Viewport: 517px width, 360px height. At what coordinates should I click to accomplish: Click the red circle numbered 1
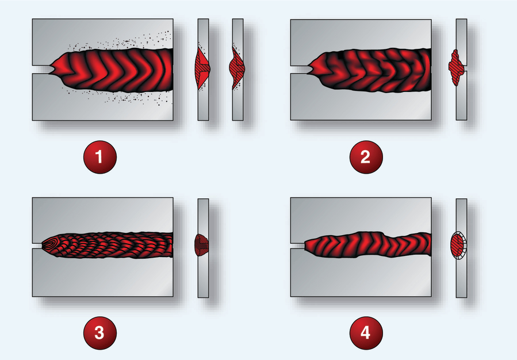100,157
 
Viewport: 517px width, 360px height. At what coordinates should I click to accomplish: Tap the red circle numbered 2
366,157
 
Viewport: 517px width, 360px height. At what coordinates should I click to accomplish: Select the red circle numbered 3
100,332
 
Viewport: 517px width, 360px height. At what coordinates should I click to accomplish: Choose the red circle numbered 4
366,332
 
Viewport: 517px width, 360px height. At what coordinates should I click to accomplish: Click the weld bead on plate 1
112,70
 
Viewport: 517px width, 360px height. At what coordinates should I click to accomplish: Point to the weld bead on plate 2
369,70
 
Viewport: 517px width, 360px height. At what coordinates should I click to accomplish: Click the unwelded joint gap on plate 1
41,70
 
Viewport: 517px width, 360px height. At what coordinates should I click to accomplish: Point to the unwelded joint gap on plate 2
299,70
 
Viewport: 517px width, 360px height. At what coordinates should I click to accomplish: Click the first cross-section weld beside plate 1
202,68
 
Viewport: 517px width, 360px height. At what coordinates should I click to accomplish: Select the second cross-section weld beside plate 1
237,68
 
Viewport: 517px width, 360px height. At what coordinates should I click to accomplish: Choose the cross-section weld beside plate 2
457,68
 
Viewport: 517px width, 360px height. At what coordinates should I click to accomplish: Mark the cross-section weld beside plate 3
201,245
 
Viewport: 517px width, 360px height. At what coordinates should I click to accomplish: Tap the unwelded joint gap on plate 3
37,246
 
